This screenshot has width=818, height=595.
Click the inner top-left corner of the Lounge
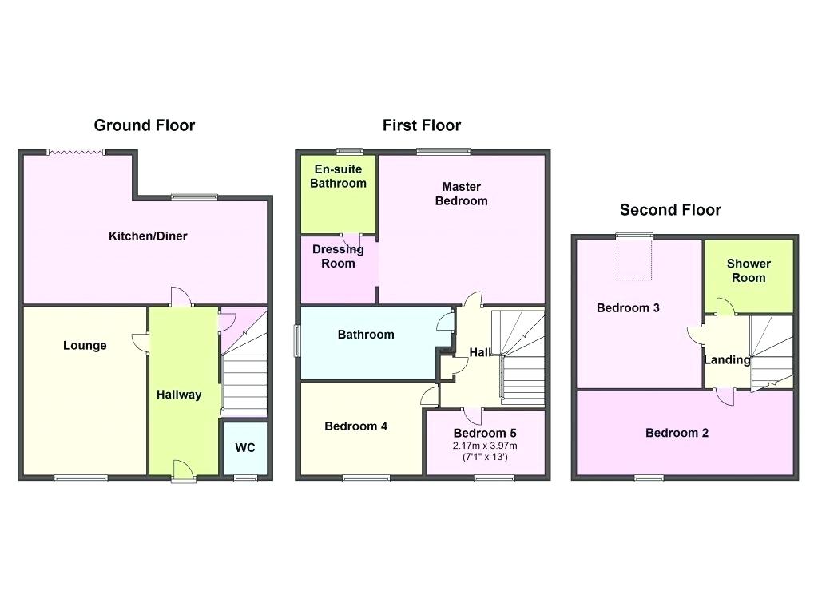pyautogui.click(x=24, y=307)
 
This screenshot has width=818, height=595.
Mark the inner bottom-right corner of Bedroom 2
pyautogui.click(x=793, y=474)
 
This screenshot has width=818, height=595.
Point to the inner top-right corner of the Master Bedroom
pyautogui.click(x=545, y=156)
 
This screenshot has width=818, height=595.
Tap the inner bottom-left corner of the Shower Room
pyautogui.click(x=705, y=313)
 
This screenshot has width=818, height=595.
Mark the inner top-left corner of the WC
pyautogui.click(x=224, y=423)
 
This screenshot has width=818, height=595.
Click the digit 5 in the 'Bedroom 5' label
pyautogui.click(x=513, y=434)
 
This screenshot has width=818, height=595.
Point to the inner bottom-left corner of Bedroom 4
pyautogui.click(x=301, y=474)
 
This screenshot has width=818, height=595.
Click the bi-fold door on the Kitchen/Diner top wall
pyautogui.click(x=76, y=153)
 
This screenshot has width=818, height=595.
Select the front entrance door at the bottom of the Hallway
pyautogui.click(x=183, y=470)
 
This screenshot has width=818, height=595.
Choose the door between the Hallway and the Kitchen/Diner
pyautogui.click(x=181, y=297)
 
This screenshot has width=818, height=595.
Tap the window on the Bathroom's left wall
pyautogui.click(x=297, y=341)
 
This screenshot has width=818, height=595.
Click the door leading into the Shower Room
pyautogui.click(x=725, y=307)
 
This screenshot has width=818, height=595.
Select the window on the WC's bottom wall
pyautogui.click(x=245, y=478)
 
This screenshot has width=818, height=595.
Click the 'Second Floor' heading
pyautogui.click(x=670, y=210)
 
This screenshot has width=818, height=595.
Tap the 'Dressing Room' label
pyautogui.click(x=338, y=256)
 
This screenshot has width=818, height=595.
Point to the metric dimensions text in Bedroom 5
pyautogui.click(x=485, y=446)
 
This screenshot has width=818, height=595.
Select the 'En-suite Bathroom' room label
pyautogui.click(x=338, y=177)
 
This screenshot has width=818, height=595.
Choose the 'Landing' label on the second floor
pyautogui.click(x=727, y=360)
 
